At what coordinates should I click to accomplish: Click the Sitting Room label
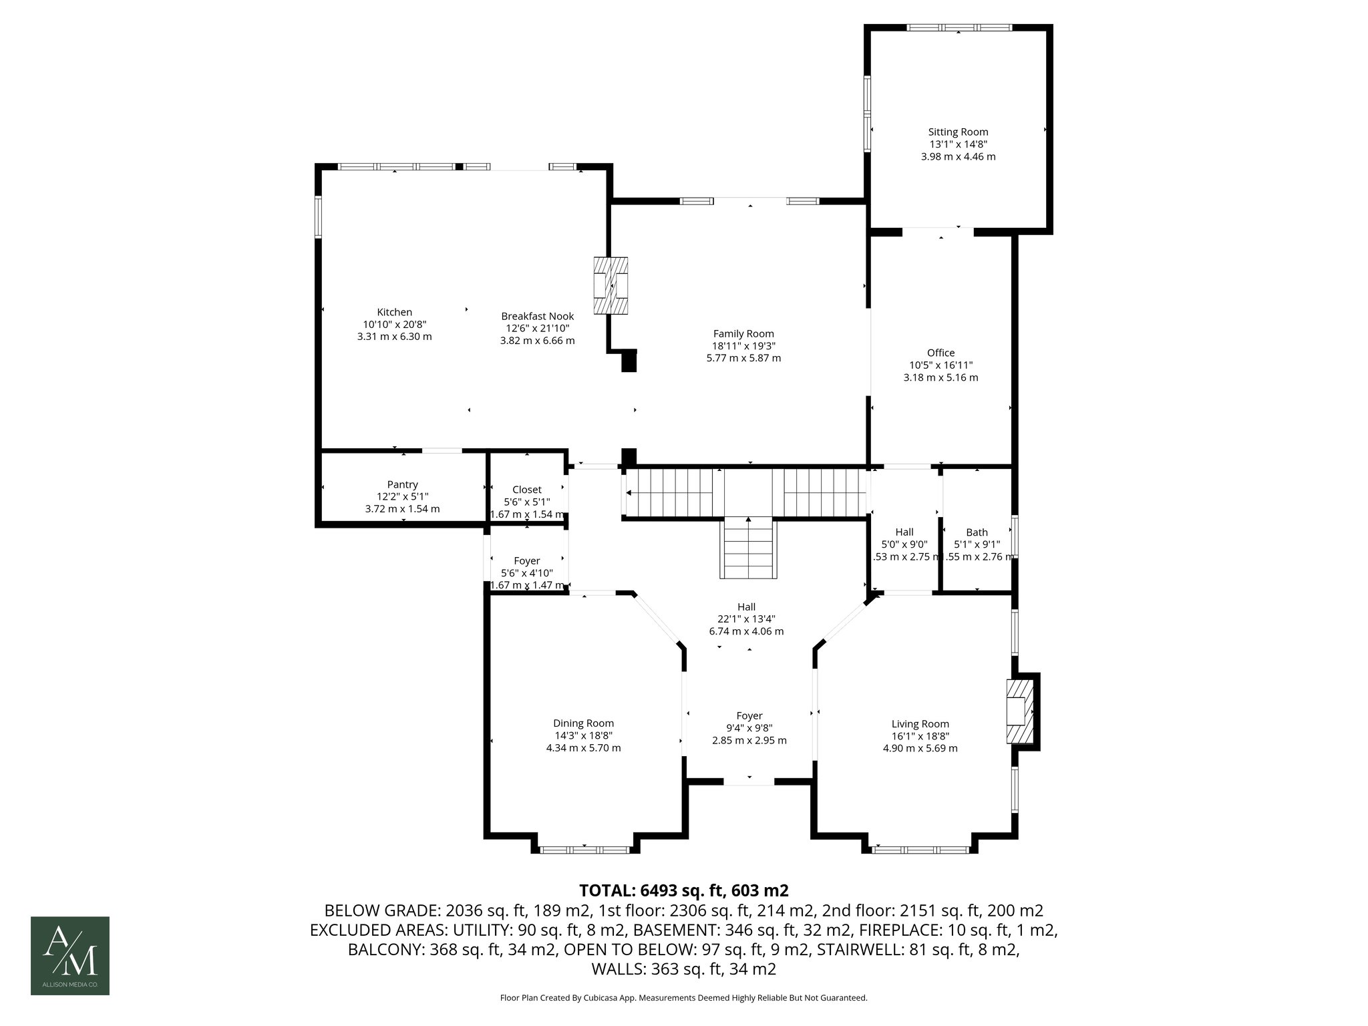tap(958, 132)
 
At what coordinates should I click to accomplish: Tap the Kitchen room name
tap(394, 312)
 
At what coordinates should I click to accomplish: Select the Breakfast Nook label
tap(537, 316)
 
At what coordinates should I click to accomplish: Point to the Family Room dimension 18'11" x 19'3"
tap(743, 346)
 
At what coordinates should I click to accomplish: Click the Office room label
tap(940, 353)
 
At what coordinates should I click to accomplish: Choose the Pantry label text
tap(402, 484)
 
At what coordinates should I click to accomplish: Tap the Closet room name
tap(526, 490)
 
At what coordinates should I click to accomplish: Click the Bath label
tap(977, 532)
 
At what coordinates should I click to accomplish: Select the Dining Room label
tap(583, 723)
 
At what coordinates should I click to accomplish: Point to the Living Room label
tap(920, 724)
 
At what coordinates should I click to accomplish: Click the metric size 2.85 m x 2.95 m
tap(749, 740)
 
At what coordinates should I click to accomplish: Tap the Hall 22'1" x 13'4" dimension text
tap(746, 619)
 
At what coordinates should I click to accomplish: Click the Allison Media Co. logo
tap(70, 955)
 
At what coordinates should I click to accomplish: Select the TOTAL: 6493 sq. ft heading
tap(683, 890)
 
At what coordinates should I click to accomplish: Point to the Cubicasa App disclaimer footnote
tap(683, 998)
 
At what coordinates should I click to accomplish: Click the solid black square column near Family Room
tap(629, 361)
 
